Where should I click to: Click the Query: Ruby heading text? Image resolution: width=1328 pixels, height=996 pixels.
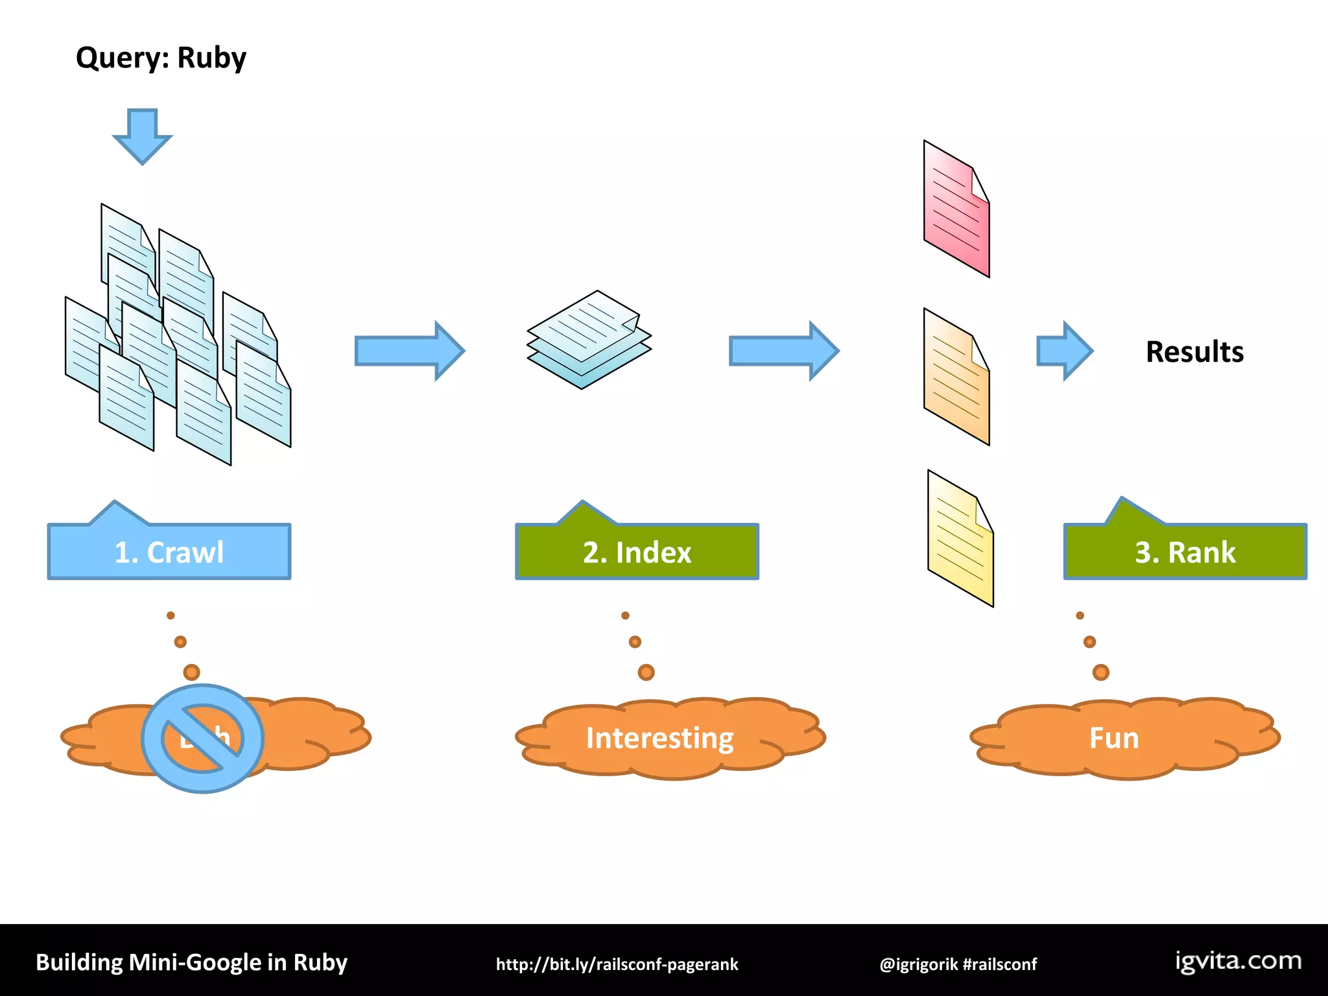click(161, 58)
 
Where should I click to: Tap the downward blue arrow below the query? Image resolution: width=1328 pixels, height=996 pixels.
click(143, 136)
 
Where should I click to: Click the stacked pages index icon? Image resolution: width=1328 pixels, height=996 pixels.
click(589, 340)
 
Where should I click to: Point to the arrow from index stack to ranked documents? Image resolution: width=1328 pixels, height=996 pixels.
click(784, 351)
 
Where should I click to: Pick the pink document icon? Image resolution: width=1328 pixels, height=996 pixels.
click(956, 209)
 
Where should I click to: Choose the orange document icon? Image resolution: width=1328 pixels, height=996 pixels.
click(956, 377)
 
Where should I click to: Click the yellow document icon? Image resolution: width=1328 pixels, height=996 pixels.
click(960, 538)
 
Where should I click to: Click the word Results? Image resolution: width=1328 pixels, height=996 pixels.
click(1194, 352)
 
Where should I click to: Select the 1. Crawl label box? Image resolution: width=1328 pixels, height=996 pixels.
click(169, 551)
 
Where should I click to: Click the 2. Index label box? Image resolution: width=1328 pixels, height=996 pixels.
click(637, 551)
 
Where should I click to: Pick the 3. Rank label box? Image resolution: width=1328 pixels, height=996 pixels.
click(1185, 551)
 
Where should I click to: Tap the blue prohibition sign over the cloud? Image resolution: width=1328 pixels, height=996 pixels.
click(202, 738)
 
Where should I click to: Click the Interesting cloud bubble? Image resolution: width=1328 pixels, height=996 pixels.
click(660, 738)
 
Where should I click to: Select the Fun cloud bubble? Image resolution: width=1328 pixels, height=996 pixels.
click(1114, 738)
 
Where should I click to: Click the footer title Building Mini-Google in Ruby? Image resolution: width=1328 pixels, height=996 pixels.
click(191, 962)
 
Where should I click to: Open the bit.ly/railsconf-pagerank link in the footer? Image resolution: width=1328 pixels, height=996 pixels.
click(617, 964)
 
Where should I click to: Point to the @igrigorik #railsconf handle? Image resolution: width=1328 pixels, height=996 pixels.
click(958, 964)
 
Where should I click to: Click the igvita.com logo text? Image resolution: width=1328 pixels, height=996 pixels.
click(1239, 961)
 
